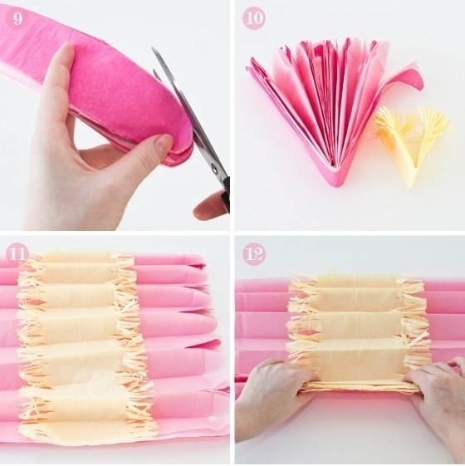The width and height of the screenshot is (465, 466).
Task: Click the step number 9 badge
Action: point(17,18)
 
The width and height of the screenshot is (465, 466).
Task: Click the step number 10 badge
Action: point(255,18)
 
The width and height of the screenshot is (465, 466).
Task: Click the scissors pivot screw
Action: point(214,169)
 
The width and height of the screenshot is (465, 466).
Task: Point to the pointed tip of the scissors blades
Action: point(153,48)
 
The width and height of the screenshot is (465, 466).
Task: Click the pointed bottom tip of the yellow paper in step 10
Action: point(414,185)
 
